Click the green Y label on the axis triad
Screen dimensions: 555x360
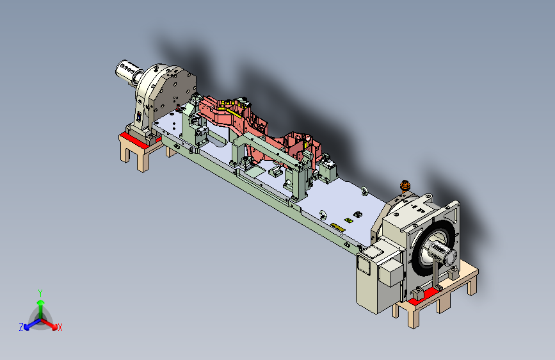pyautogui.click(x=40, y=293)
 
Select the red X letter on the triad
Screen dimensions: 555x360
pyautogui.click(x=60, y=328)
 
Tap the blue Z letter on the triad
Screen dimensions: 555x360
pyautogui.click(x=21, y=327)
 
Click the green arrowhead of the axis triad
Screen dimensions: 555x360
pyautogui.click(x=41, y=303)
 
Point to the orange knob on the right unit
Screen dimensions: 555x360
pyautogui.click(x=405, y=185)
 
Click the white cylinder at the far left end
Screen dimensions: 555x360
pyautogui.click(x=127, y=70)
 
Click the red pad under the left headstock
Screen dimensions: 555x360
pyautogui.click(x=135, y=140)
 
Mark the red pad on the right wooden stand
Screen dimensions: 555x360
pyautogui.click(x=423, y=296)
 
